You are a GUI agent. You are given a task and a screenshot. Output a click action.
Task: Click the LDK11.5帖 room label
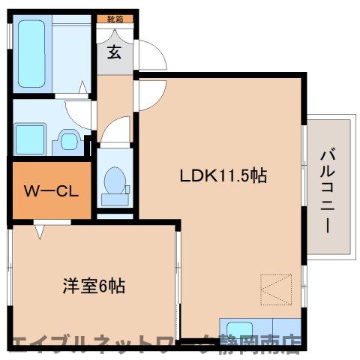click(223, 176)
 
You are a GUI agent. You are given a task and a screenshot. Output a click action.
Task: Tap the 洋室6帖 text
click(93, 286)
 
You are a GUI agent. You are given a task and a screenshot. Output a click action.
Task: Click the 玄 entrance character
click(114, 52)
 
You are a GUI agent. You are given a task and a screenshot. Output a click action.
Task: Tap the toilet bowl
click(115, 182)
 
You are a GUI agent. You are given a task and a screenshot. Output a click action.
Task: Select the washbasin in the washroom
click(68, 139)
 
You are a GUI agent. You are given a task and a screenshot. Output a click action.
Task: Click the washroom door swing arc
click(79, 112)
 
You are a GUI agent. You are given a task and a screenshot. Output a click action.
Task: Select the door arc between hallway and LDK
click(148, 94)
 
